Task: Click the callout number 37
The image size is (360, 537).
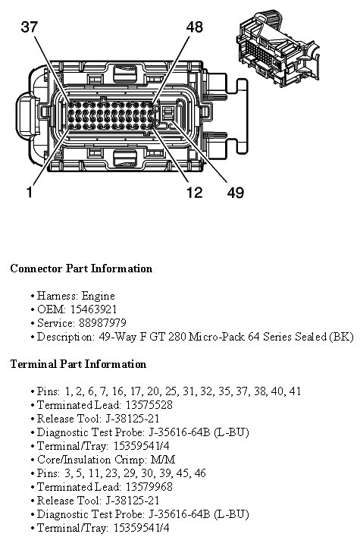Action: [29, 27]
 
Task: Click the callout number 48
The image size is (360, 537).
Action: [194, 27]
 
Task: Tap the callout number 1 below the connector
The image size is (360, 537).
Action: [30, 192]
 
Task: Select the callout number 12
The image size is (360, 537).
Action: [194, 192]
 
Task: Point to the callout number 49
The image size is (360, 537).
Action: [236, 193]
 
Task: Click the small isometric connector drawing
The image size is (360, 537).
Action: [277, 49]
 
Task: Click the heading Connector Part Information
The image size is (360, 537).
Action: [81, 268]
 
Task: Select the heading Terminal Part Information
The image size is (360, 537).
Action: [78, 364]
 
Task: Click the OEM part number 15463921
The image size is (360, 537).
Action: [93, 309]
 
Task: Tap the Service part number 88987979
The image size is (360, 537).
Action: [102, 323]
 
